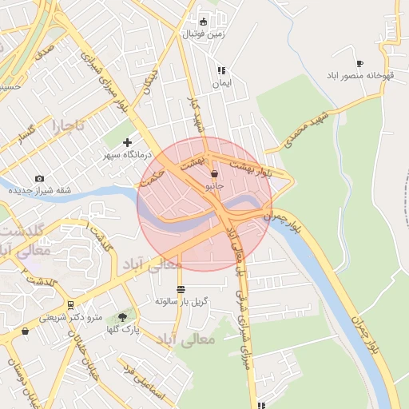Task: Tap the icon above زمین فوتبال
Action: [203, 22]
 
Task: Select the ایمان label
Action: [220, 83]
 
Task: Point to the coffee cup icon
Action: [359, 63]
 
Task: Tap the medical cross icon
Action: [127, 142]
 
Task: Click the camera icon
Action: [40, 178]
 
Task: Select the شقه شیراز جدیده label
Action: [40, 191]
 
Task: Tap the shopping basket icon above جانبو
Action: [214, 173]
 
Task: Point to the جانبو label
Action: [214, 185]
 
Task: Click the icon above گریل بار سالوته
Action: [182, 289]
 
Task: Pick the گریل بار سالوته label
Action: [182, 302]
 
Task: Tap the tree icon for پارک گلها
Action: [122, 316]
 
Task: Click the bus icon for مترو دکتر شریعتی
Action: [71, 304]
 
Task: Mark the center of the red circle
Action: [204, 204]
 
